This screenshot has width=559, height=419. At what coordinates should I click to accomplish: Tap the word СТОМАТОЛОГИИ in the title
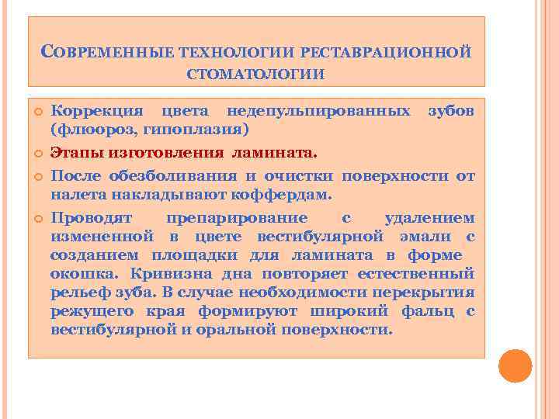(x=256, y=74)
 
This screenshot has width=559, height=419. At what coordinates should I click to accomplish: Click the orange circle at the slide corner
(x=515, y=366)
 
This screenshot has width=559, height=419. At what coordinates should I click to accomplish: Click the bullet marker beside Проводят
(x=36, y=218)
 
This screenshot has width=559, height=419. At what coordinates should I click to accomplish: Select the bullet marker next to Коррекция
(x=36, y=111)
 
